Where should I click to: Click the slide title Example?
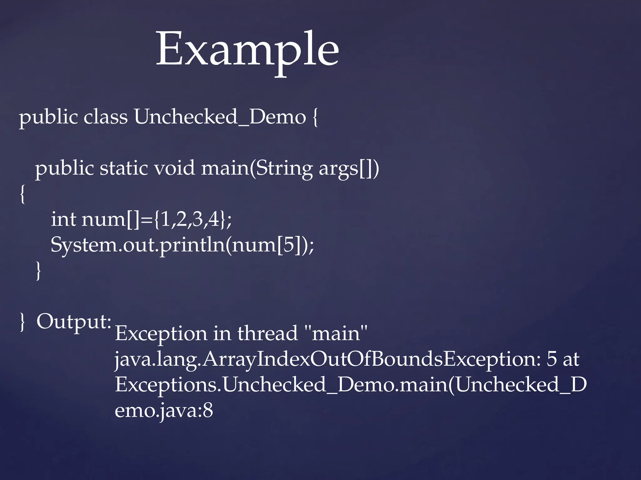pos(247,50)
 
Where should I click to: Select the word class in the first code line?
pos(105,117)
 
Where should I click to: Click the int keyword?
pos(64,219)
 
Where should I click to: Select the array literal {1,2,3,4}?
pos(192,219)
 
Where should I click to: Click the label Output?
pos(74,322)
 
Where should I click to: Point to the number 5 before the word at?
pos(551,359)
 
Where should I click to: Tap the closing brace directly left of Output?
pos(22,322)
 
